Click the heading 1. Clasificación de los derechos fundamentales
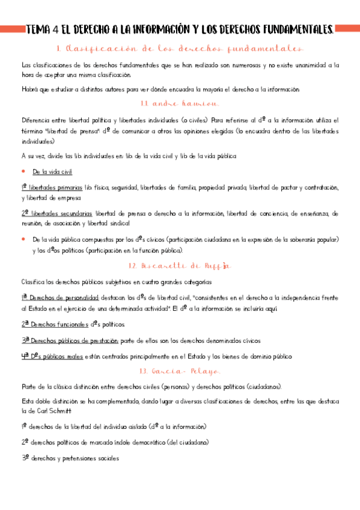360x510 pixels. pos(180,49)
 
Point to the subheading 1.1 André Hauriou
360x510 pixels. pos(180,103)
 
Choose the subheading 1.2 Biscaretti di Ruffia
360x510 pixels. pos(180,265)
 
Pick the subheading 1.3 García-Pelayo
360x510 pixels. pos(180,372)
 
